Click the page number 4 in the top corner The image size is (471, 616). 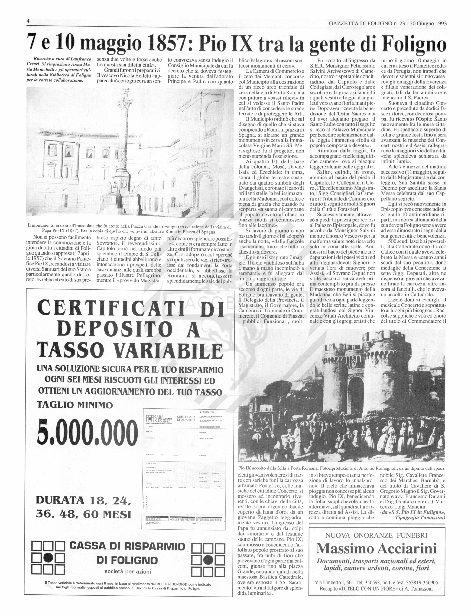28,21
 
